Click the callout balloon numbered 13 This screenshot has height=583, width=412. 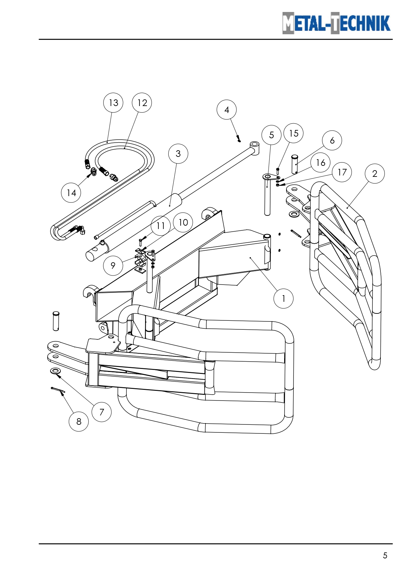point(113,103)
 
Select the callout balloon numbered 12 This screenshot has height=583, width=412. point(142,103)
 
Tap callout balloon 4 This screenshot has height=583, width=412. point(227,110)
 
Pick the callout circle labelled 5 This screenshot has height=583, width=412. point(272,135)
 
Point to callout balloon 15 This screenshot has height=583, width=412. point(294,133)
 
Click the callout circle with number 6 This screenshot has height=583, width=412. point(332,140)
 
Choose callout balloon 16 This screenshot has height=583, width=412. point(320,163)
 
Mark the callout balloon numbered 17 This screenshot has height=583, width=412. point(342,172)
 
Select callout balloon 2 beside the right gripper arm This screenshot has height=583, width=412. point(375,174)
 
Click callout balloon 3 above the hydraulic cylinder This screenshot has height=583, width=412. point(178,154)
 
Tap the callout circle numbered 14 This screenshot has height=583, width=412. point(71,193)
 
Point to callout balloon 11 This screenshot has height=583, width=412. point(161,226)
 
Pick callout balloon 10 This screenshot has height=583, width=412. point(183,222)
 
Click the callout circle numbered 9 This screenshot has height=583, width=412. point(113,266)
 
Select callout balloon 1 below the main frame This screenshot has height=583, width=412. point(284,298)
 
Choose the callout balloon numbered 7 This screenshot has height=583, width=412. point(102,412)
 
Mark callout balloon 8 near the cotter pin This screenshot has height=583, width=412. point(79,421)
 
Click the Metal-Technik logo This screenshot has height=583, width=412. point(336,23)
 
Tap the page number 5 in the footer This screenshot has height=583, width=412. point(385,555)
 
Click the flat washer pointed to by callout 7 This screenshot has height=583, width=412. point(55,371)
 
